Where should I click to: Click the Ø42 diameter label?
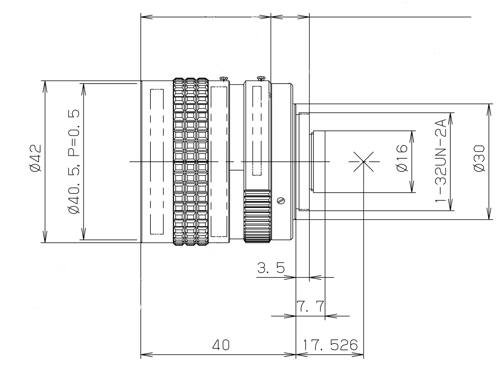click(36, 158)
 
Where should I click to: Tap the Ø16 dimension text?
click(402, 158)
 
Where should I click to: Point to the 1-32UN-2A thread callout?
click(441, 161)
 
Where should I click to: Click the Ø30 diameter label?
click(479, 158)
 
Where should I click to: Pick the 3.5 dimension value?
click(271, 268)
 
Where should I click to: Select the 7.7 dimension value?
click(310, 306)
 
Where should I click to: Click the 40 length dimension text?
click(221, 345)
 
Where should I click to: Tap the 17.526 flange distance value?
click(330, 345)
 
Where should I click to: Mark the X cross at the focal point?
click(363, 162)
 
